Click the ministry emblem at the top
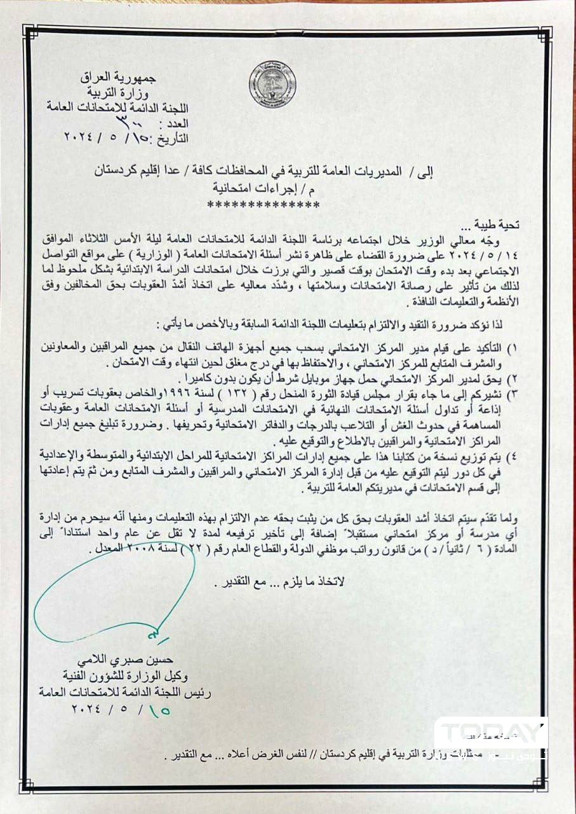tap(272, 85)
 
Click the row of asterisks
tap(264, 205)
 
